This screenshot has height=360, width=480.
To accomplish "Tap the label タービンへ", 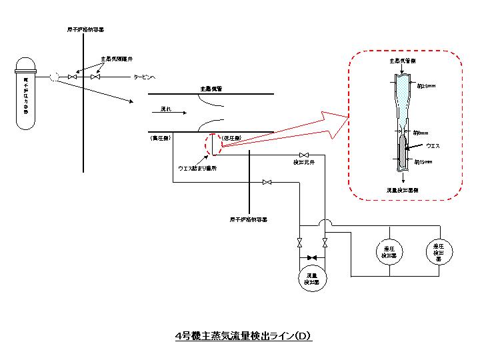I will (x=147, y=77).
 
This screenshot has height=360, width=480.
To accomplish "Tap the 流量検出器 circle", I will (x=310, y=276).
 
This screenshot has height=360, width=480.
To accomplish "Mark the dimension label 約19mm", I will (x=424, y=161).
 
